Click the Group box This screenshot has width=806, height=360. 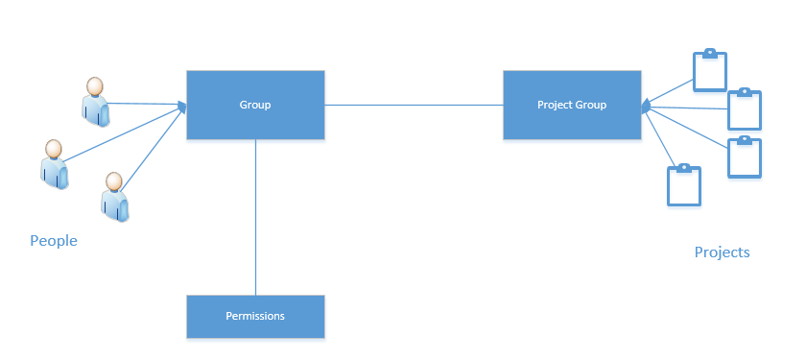[x=255, y=105]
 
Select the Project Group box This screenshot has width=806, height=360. [x=572, y=105]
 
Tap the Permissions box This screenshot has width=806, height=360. [x=255, y=316]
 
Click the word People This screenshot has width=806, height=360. [x=54, y=241]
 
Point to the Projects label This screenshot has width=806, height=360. [x=723, y=252]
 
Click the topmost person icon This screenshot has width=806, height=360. [x=96, y=102]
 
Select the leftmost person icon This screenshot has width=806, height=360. [x=55, y=164]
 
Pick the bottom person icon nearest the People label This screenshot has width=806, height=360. [x=114, y=197]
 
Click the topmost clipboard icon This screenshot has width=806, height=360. [x=710, y=70]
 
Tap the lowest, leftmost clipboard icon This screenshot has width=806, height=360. [x=683, y=185]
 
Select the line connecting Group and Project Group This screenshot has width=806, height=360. [x=414, y=105]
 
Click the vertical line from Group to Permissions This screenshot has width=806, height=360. [x=255, y=217]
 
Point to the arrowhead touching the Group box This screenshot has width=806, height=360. [x=182, y=106]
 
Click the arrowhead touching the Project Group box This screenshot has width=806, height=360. [x=646, y=106]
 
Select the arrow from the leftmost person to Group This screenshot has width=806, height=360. [x=125, y=133]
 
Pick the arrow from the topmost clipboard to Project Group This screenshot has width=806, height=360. [x=668, y=92]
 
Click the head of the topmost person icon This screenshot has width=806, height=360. [x=95, y=86]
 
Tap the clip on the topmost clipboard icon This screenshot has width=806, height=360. [x=710, y=53]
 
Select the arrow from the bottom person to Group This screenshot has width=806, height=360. [x=153, y=148]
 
